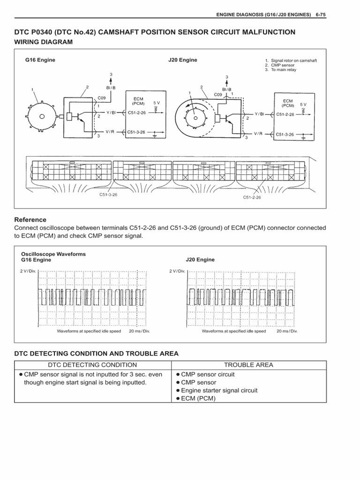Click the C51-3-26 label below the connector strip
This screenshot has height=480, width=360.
click(x=108, y=194)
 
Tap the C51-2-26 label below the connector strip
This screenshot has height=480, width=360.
click(x=252, y=197)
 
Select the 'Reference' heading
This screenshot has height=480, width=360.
click(x=30, y=219)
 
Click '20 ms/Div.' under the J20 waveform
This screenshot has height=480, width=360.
click(x=287, y=331)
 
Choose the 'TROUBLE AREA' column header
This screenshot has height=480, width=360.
click(x=248, y=365)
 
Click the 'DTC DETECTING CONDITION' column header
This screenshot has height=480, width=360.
click(x=92, y=365)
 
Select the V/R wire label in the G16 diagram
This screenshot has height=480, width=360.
click(x=110, y=132)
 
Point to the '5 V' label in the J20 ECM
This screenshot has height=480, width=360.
click(x=303, y=105)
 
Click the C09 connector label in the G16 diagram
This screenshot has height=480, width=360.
click(x=102, y=98)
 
